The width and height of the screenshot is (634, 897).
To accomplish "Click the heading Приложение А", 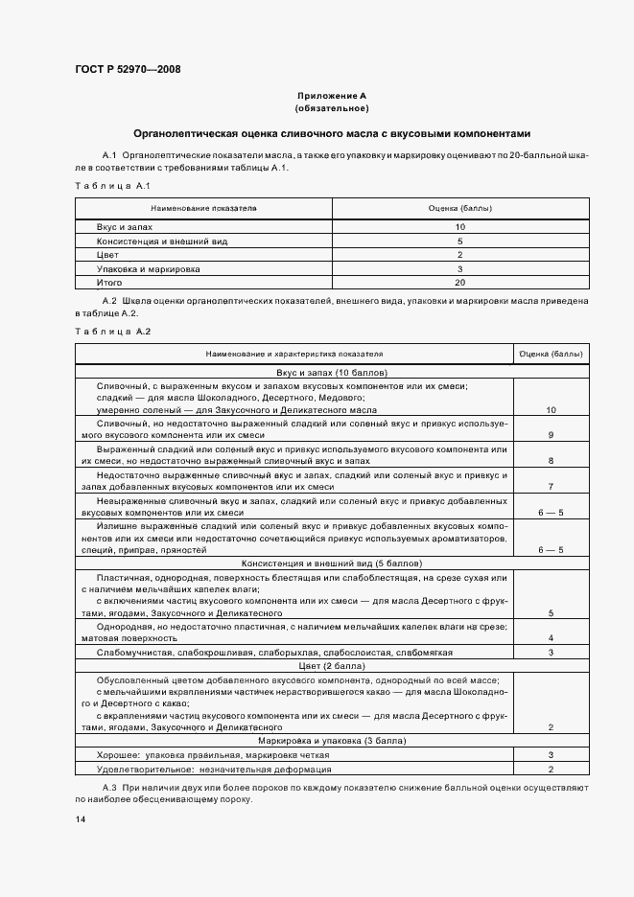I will point(331,96).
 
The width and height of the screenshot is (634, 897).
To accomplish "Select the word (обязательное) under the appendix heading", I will point(331,108).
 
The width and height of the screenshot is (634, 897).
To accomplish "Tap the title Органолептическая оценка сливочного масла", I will point(331,134).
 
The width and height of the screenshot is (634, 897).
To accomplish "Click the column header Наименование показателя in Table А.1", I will point(203,207).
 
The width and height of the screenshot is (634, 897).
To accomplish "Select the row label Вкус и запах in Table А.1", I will point(125,227).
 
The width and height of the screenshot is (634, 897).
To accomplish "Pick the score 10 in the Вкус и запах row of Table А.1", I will point(460,227).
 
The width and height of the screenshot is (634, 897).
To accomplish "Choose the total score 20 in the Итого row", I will point(460,284).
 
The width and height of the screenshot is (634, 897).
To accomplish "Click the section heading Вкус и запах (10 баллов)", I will point(331,372).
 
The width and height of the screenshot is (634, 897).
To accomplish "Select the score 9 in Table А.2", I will point(551,435).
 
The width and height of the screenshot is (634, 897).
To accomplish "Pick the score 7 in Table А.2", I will point(551,487).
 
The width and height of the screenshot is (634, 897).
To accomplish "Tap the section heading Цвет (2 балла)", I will point(331,665).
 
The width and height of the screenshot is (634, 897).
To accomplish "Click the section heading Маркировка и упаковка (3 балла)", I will point(331,741).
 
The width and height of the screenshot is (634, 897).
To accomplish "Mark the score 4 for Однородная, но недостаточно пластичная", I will point(551,638).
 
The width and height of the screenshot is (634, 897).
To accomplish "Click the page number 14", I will point(81,820).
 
